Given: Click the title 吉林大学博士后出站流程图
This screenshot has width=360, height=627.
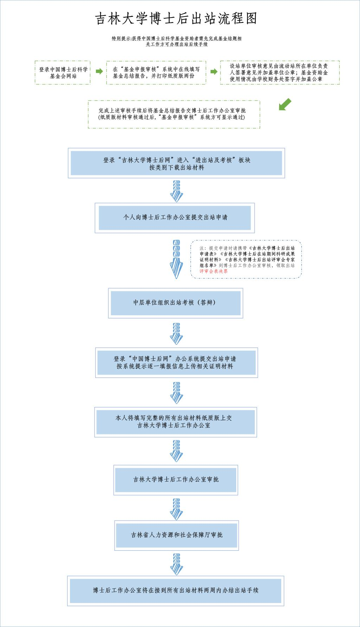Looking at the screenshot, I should coord(176,19).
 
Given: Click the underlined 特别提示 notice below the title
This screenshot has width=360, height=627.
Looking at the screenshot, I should coord(176,41).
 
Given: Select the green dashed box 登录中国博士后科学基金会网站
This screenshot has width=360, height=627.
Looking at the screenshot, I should coord(63,72).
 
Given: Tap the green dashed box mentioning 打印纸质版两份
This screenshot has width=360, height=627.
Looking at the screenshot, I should coord(156,72).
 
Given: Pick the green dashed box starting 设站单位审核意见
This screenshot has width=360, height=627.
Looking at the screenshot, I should coord(279,72).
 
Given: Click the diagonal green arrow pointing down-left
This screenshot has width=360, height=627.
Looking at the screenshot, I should coord(285,105).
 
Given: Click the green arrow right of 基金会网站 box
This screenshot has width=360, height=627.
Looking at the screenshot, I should coord(99,72).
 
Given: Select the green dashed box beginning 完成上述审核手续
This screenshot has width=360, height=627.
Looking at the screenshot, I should coord(174,114).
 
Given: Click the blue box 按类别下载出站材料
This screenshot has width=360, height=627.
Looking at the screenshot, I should coord(176,163).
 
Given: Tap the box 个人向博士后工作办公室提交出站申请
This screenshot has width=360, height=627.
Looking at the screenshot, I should coord(175,218).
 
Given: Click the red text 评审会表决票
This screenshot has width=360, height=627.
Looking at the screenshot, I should coord(214,271).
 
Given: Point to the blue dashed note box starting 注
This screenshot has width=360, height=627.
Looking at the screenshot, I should coord(246,259).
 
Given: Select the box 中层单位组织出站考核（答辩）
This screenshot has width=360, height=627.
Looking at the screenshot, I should coord(175,303).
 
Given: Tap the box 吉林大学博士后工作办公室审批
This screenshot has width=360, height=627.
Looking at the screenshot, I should coord(176,479).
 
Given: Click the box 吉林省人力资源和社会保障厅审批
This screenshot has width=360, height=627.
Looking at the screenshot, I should coord(176,535).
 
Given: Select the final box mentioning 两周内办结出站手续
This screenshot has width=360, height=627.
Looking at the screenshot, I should coord(176,590).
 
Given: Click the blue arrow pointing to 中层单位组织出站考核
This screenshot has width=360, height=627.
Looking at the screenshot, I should coord(176,260).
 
